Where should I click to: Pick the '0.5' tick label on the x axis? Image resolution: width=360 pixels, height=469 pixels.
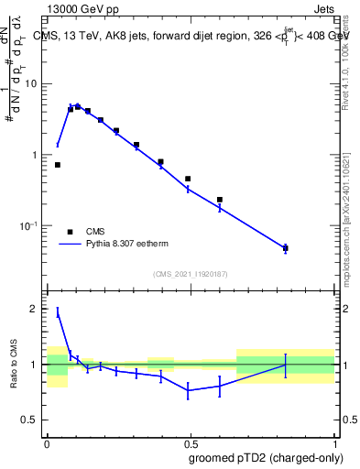tap(190, 442)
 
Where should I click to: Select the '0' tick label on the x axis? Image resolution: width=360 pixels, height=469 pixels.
tap(47, 442)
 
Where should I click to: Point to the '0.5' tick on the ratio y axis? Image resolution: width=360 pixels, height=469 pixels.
tap(29, 420)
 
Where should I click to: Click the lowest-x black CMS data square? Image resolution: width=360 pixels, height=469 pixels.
tap(58, 165)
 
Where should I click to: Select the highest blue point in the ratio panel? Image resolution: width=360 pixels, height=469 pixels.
tap(58, 312)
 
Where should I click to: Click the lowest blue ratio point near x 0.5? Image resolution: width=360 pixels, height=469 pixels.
tap(188, 390)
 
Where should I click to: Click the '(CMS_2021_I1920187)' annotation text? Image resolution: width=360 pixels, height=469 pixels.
tap(190, 274)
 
